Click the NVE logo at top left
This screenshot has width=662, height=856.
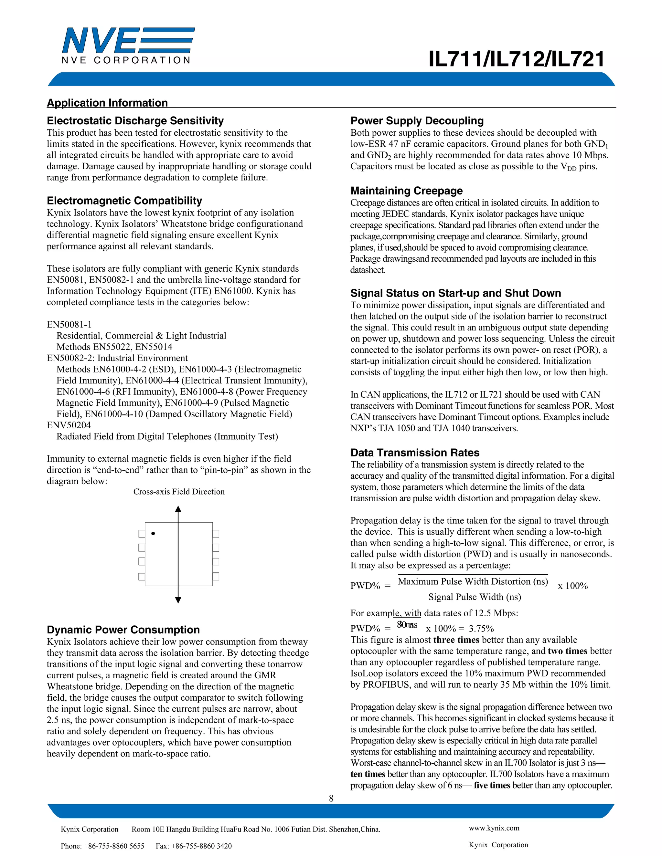click(x=127, y=45)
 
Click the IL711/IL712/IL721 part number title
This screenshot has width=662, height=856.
click(x=517, y=59)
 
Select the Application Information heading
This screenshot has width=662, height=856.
click(x=107, y=103)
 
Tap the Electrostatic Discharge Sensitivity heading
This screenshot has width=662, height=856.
click(x=135, y=121)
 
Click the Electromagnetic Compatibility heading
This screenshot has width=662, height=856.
click(x=124, y=201)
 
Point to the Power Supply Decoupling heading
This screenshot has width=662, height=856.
click(x=417, y=121)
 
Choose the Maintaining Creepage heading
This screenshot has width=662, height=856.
click(x=406, y=191)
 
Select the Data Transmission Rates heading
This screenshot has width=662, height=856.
click(x=414, y=453)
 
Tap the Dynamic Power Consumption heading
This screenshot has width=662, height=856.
click(x=123, y=630)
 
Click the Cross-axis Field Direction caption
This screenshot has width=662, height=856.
click(x=179, y=492)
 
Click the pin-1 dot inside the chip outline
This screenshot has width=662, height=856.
click(x=153, y=533)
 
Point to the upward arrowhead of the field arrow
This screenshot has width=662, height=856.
click(x=178, y=509)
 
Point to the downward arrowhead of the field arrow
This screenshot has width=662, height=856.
click(x=178, y=600)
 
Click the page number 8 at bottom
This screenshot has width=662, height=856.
click(x=331, y=799)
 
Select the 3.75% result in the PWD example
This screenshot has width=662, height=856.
click(x=481, y=629)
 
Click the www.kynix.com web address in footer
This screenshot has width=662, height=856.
click(x=494, y=828)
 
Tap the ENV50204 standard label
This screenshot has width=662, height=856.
click(x=69, y=425)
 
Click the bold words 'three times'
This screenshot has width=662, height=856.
click(x=456, y=640)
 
